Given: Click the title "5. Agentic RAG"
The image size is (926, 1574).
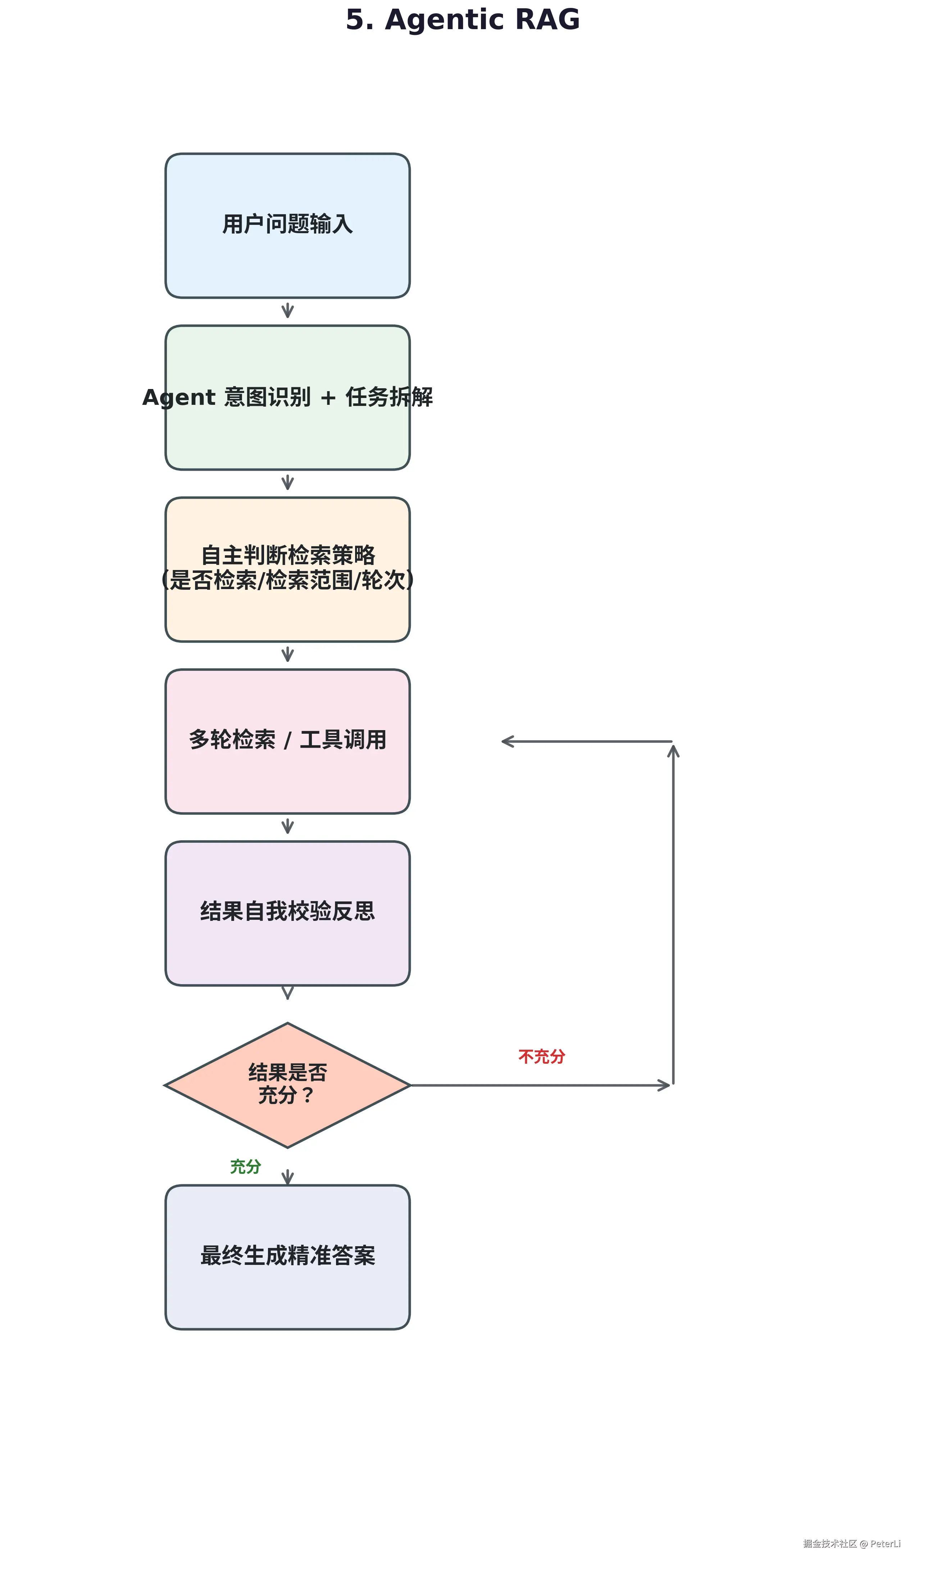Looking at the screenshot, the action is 463,20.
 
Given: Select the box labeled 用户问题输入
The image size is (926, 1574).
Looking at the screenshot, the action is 287,226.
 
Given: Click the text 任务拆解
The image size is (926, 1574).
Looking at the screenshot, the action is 389,397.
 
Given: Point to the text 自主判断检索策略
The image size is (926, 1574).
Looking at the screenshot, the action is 288,555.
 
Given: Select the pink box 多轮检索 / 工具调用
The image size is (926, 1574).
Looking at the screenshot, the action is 287,741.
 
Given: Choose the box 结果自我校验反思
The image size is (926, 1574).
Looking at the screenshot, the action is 287,914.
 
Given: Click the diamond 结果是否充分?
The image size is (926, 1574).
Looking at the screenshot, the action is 287,1086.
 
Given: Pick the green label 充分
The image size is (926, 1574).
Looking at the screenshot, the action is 245,1166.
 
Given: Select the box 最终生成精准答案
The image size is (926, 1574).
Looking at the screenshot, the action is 287,1257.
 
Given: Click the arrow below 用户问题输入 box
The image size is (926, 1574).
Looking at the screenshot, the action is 287,311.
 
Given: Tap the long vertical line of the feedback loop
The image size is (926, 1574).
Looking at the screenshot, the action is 673,915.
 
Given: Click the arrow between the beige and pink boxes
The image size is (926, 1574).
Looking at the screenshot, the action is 287,655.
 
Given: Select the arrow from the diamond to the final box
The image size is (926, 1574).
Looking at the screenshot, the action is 287,1177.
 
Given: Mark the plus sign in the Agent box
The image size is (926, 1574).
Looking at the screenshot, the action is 328,398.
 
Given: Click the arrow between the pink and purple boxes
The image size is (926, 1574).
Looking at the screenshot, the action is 287,826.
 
